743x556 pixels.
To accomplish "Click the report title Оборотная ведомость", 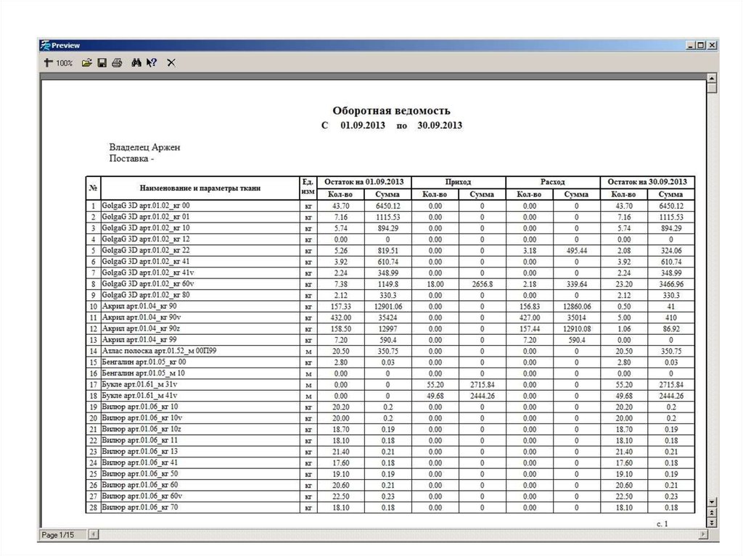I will pos(391,111).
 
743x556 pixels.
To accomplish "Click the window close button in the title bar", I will pos(711,45).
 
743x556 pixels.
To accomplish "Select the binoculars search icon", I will pos(136,63).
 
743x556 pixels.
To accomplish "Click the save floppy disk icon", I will pos(102,63).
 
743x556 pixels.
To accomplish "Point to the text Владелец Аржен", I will pos(144,147).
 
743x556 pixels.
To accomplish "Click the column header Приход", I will pos(458,182).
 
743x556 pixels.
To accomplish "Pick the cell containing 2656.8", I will pos(482,284).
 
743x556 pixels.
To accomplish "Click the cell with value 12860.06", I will pos(576,307).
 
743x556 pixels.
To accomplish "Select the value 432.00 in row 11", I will pos(340,318).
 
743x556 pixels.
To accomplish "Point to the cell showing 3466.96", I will pos(671,284).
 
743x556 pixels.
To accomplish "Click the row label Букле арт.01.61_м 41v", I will pos(139,396).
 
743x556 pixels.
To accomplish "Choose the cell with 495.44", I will pos(576,251).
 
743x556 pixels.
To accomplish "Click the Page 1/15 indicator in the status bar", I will pos(58,535).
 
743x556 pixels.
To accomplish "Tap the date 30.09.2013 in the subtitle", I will pos(440,125).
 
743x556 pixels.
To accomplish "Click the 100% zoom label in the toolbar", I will pos(65,63).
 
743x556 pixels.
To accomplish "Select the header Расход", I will pos(552,182).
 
